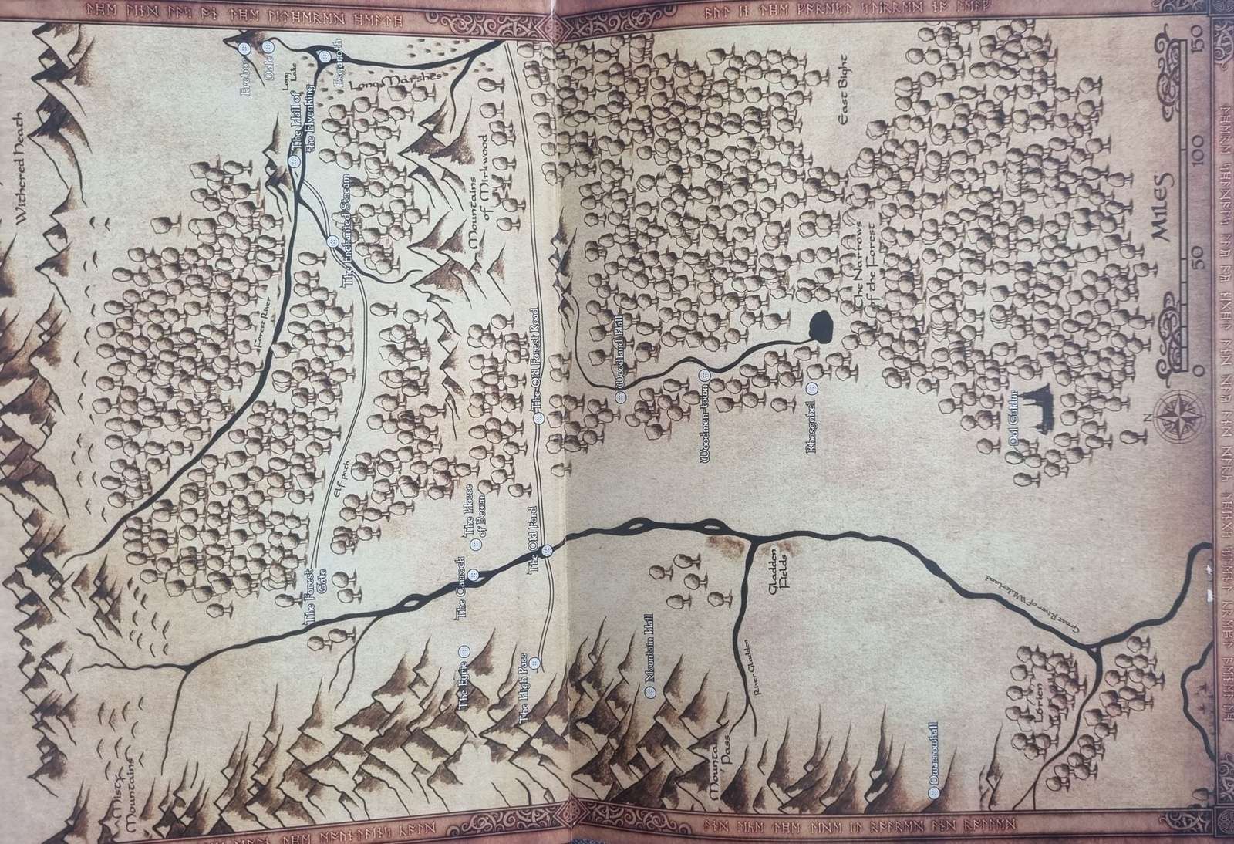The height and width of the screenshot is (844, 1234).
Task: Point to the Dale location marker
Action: [268, 49]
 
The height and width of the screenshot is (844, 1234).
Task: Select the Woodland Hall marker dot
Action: [619, 397]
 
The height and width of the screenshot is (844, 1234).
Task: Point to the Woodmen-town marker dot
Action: [703, 376]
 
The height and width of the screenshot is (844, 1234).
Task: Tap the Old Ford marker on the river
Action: [547, 551]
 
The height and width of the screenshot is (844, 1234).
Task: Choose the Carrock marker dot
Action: [475, 574]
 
